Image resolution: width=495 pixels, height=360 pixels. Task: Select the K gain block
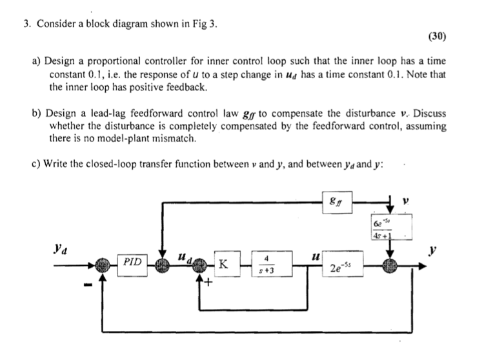coord(223,264)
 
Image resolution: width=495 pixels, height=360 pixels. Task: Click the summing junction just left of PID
coord(101,264)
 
